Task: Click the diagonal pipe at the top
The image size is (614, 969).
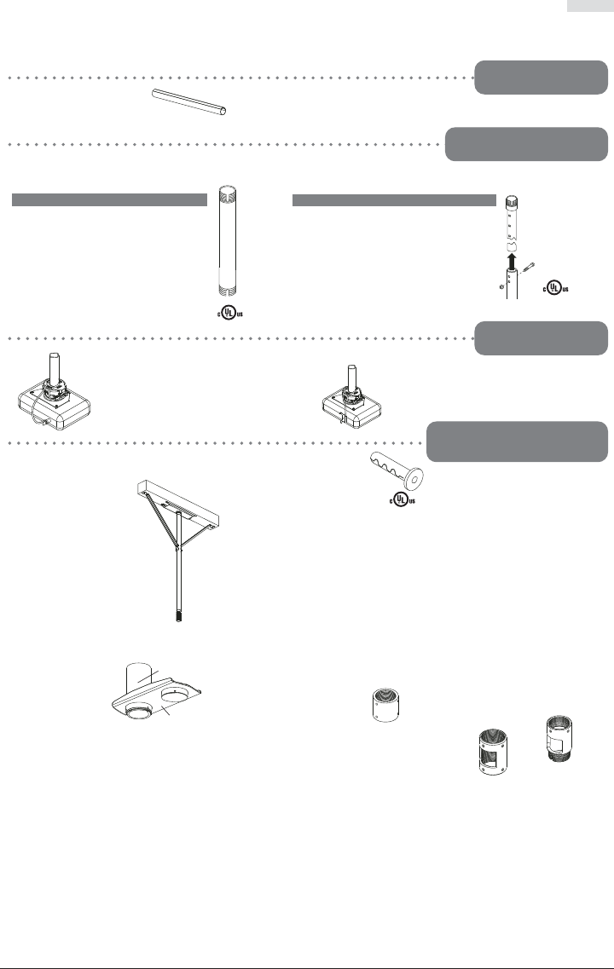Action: point(190,102)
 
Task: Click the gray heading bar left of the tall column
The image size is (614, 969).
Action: point(109,199)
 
